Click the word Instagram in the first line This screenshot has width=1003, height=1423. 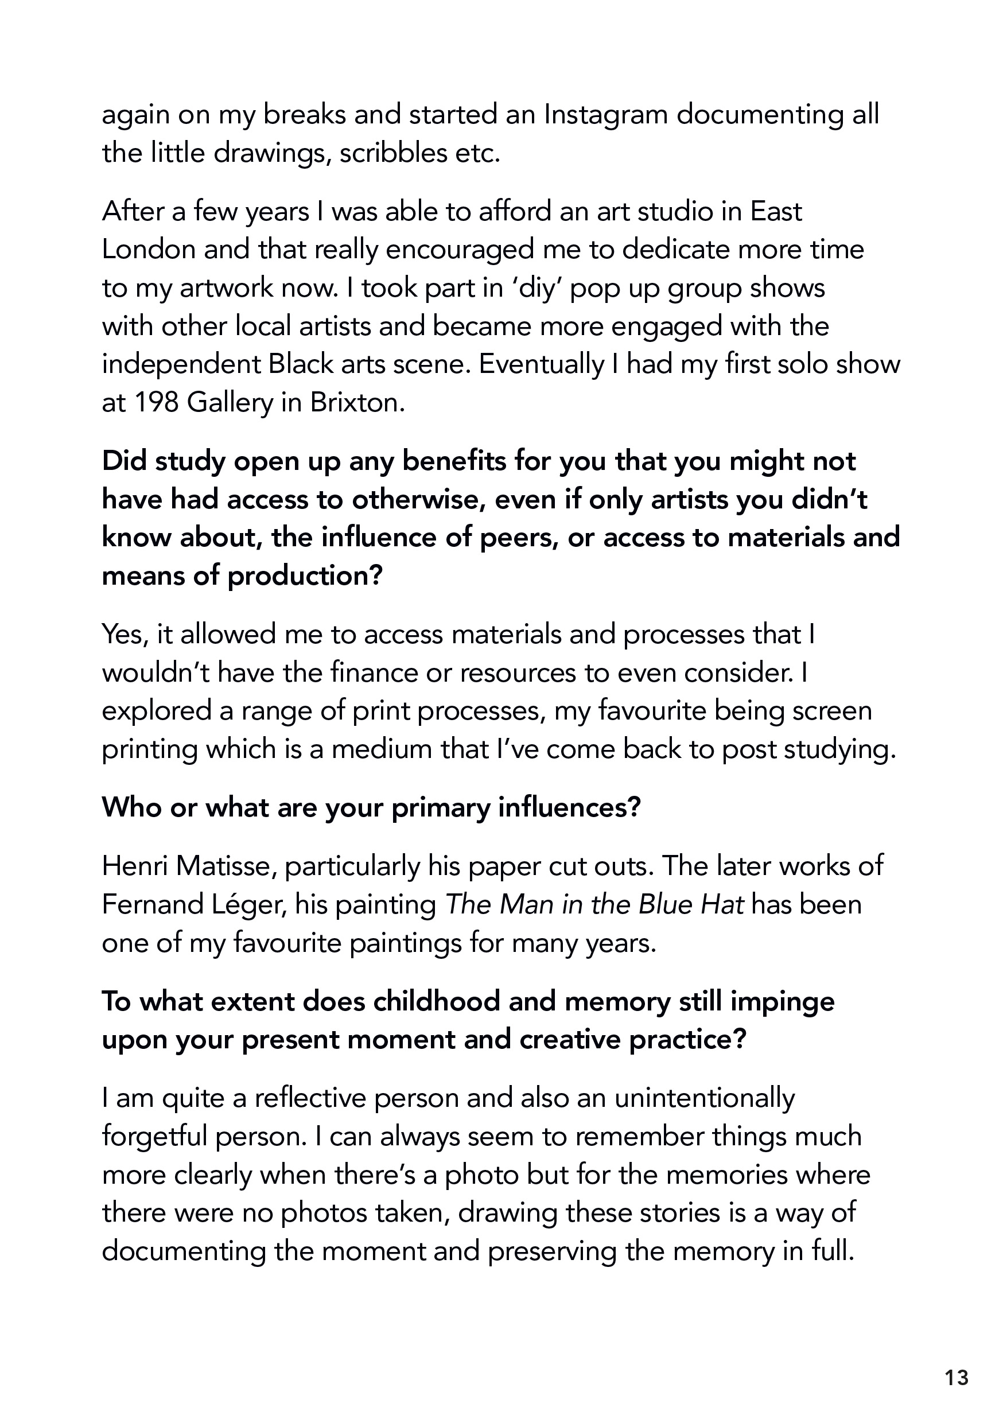click(605, 115)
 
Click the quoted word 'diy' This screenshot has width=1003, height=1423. click(534, 288)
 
